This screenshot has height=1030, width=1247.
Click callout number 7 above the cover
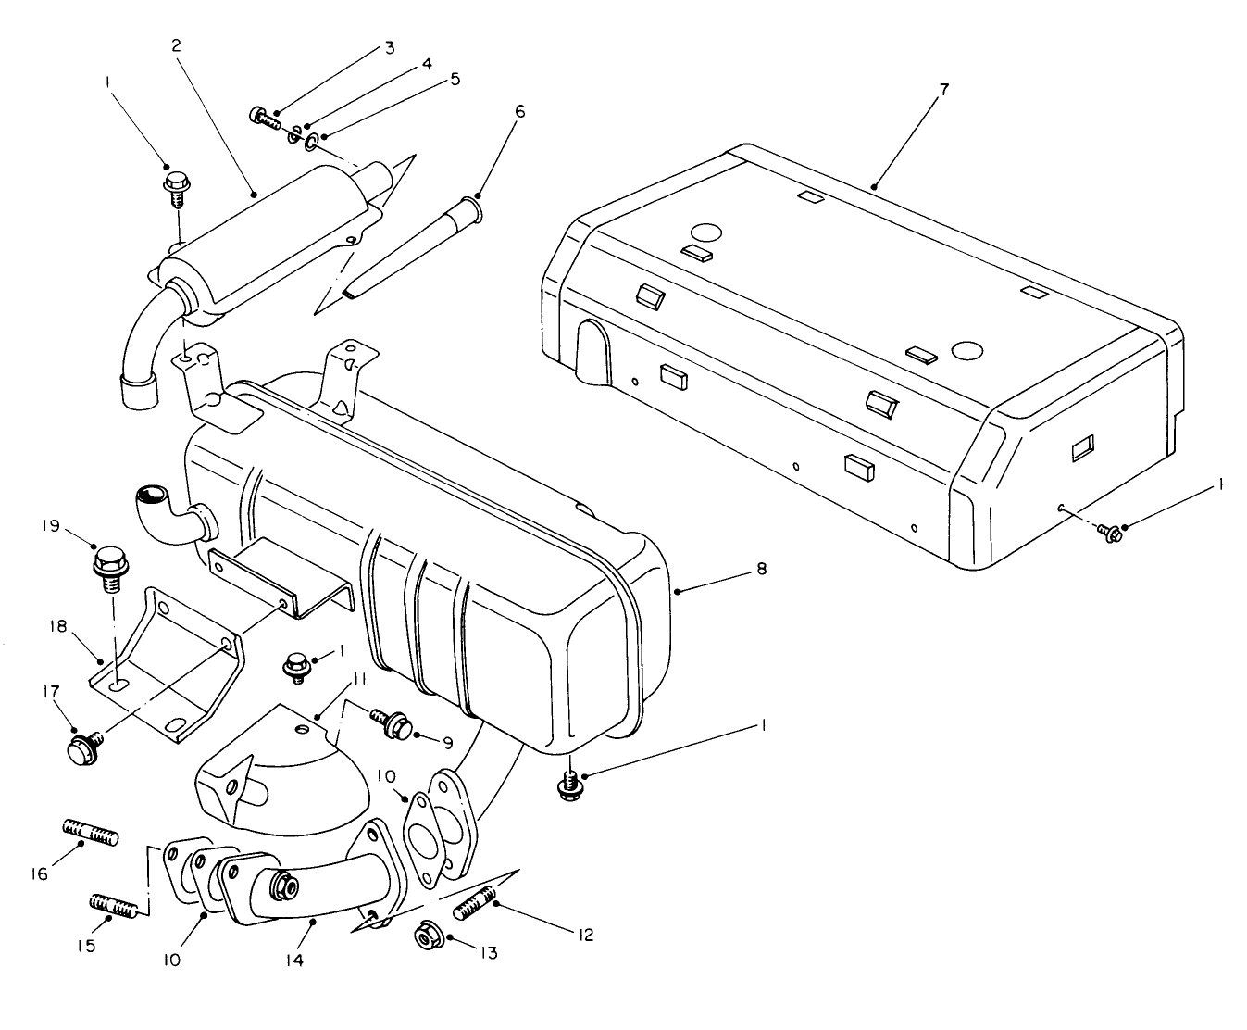pos(943,90)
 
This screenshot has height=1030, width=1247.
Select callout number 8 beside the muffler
pos(761,569)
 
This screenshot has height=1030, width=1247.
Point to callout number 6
pos(519,111)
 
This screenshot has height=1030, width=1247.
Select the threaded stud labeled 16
pos(90,832)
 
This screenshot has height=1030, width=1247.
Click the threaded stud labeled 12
pos(474,900)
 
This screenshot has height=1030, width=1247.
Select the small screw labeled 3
pos(266,118)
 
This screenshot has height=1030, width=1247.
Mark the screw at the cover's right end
pos(1109,532)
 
